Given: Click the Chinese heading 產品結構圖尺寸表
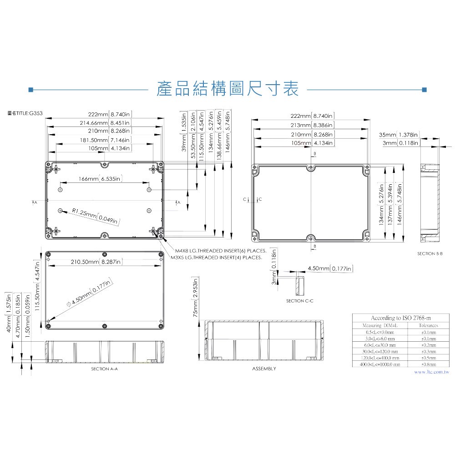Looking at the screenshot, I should (227, 89).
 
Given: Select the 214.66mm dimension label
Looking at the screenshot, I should (105, 123).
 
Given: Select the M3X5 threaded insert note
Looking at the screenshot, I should (216, 258).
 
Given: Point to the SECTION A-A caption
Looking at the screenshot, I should (105, 369).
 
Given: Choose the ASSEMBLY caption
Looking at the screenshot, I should (264, 369).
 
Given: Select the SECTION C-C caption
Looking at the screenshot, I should (299, 301).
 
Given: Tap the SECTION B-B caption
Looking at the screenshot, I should (430, 253).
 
